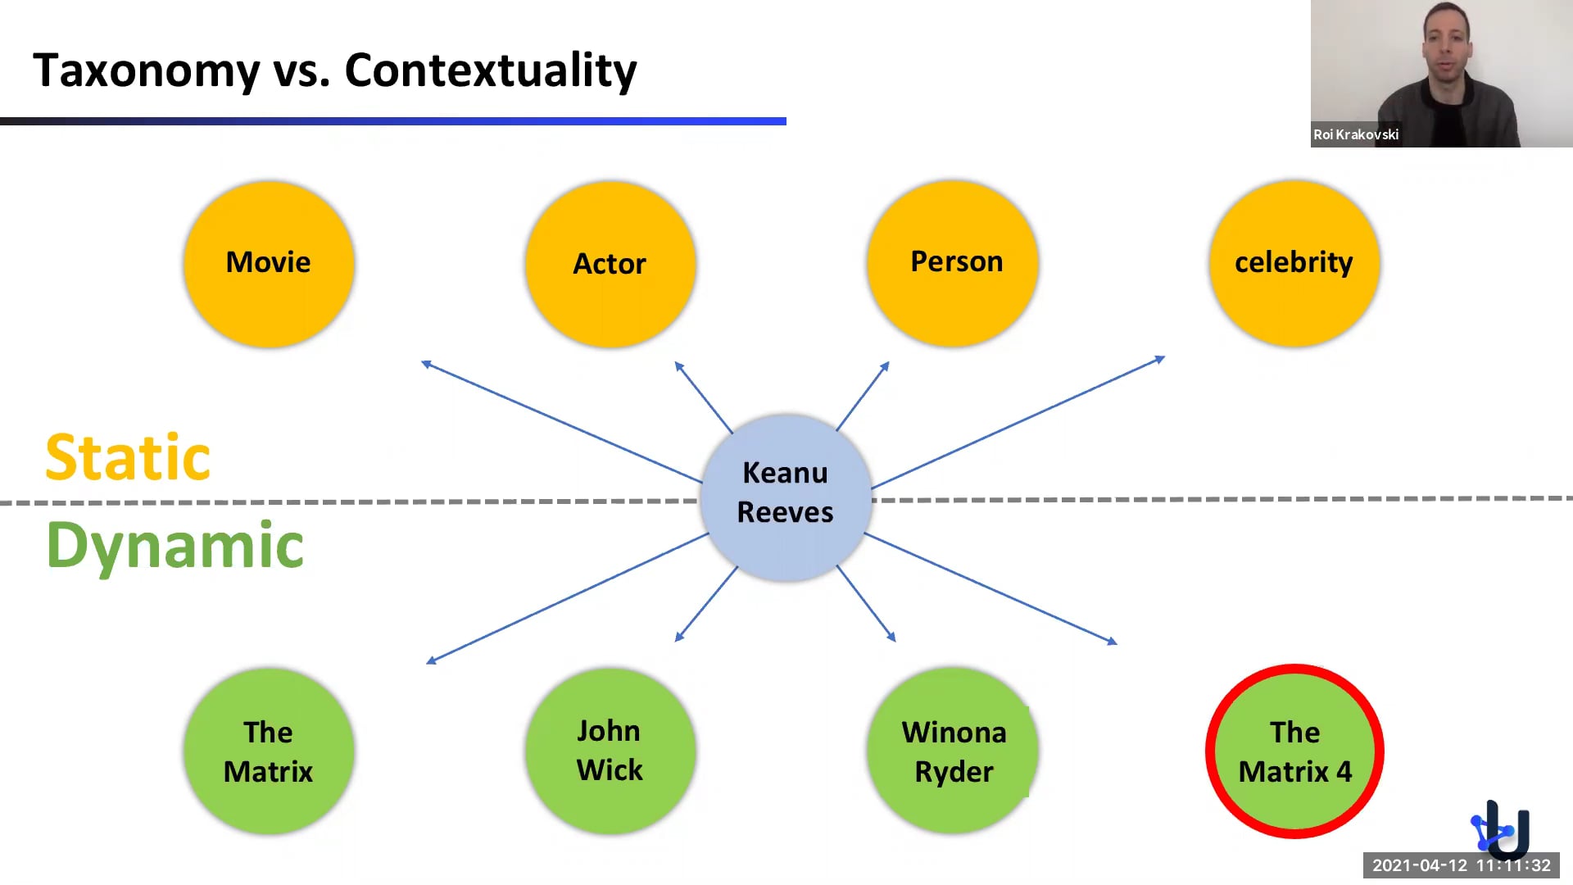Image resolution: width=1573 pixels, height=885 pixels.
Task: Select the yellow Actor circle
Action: (610, 264)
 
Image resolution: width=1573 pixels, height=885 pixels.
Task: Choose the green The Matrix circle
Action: (269, 751)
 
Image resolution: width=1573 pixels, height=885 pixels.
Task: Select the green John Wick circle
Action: (610, 751)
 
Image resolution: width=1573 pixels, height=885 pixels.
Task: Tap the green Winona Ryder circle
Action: (953, 751)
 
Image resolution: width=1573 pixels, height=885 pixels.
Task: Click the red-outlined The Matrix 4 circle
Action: (1294, 751)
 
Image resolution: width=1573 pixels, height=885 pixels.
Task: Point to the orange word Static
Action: (128, 457)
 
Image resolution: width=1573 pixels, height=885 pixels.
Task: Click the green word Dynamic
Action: (175, 546)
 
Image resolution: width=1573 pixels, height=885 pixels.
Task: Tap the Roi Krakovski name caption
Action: (1356, 134)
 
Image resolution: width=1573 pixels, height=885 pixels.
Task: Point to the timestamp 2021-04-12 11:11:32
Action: (1461, 865)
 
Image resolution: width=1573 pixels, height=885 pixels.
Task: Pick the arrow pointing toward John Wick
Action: (706, 604)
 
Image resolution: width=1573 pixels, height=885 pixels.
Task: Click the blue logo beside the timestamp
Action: (1501, 829)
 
